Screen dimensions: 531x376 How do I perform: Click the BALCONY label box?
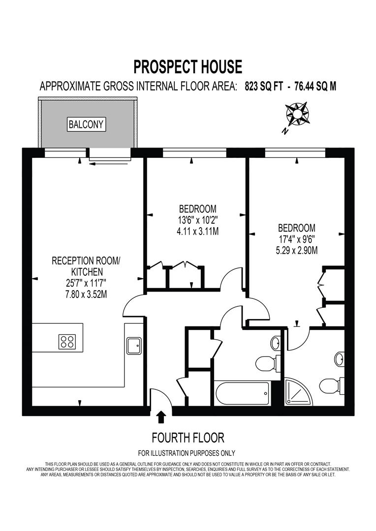(87, 124)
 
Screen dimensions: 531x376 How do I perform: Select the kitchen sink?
(134, 345)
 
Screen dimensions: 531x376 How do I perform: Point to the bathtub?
(243, 393)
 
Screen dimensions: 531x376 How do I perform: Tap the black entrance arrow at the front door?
(161, 417)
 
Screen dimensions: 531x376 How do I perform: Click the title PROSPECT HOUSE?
(188, 66)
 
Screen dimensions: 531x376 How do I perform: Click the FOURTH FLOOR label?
(188, 437)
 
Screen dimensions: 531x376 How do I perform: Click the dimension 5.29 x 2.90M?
(297, 250)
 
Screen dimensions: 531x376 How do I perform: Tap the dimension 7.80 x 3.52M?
(82, 295)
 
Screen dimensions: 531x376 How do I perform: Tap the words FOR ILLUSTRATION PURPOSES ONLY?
(187, 453)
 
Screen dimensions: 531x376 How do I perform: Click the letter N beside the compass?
(284, 131)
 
